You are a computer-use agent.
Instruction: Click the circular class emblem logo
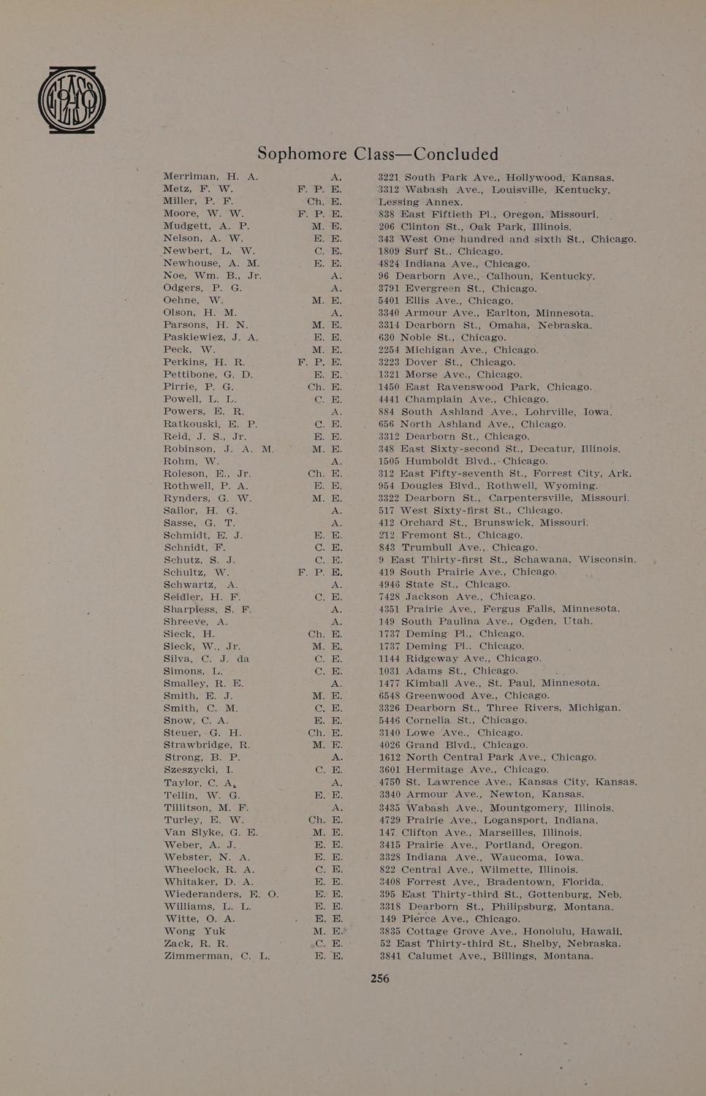pos(72,99)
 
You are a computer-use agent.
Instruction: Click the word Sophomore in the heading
pos(303,154)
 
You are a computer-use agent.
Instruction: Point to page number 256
pos(380,978)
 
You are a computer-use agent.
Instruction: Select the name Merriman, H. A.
pos(210,177)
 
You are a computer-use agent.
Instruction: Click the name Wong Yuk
pos(194,931)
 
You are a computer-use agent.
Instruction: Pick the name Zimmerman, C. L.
pos(216,956)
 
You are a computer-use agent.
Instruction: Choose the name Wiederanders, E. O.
pos(221,894)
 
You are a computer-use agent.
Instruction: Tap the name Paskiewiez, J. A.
pos(211,338)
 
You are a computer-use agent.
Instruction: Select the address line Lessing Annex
pos(420,202)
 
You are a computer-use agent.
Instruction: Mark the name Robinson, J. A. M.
pos(219,449)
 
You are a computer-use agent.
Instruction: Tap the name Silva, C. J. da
pos(206,658)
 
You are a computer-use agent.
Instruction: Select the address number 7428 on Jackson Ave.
pos(389,596)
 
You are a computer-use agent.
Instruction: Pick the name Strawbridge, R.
pos(207,745)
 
